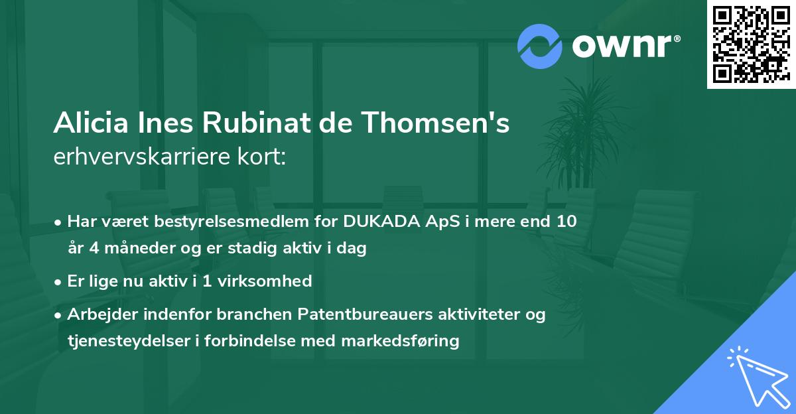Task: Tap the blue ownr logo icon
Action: pyautogui.click(x=540, y=46)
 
